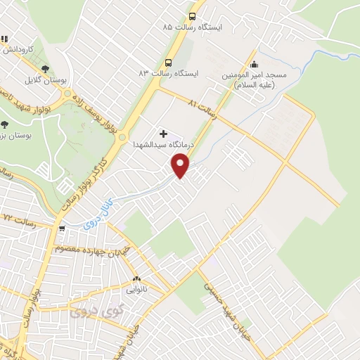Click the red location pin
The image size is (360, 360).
click(x=181, y=165)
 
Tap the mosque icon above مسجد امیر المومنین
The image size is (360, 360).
click(x=254, y=64)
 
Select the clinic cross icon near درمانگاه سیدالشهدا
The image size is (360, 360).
click(x=164, y=133)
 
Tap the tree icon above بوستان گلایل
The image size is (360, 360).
click(x=46, y=69)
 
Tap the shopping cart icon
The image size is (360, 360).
click(x=62, y=228)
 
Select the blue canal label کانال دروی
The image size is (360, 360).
click(x=97, y=214)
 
